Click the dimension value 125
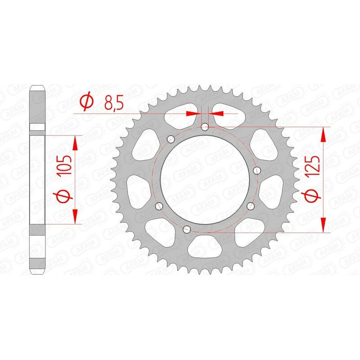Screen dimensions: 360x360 315,166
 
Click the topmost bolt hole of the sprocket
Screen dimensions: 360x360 205,127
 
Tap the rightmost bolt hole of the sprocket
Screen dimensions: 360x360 257,170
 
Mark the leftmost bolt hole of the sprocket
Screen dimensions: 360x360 158,206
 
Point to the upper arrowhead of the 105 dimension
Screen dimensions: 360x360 75,142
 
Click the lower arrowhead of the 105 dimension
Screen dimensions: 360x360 75,217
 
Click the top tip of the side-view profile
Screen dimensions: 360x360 38,86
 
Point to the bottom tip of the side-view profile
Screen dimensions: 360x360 38,274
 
